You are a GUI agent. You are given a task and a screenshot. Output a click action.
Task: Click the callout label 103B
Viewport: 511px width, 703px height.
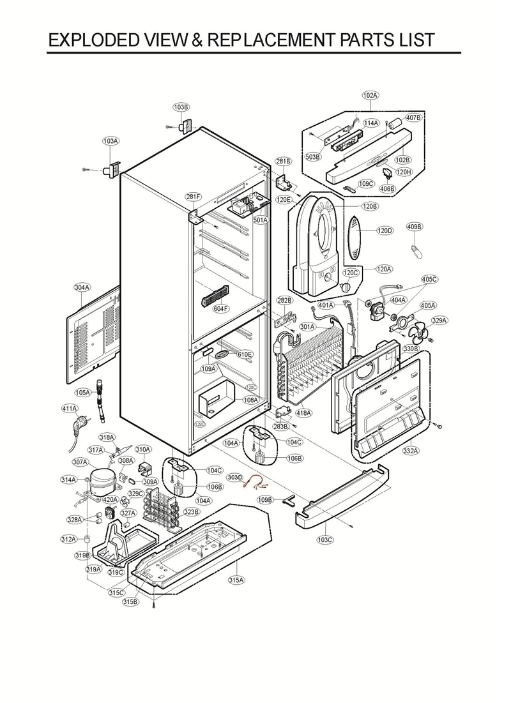[181, 107]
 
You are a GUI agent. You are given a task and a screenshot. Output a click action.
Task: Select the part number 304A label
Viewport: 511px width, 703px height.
[82, 288]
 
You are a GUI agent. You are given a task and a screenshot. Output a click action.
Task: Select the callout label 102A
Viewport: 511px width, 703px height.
[370, 95]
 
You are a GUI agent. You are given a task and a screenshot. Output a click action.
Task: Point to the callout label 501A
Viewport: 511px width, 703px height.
[261, 220]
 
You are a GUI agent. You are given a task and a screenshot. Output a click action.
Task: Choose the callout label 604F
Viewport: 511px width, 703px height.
[220, 308]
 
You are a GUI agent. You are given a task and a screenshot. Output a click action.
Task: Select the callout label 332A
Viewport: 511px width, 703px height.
[411, 451]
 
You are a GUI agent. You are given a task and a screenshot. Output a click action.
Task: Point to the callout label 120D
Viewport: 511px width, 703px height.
[385, 231]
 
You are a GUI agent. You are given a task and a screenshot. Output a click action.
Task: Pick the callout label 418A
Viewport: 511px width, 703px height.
[303, 413]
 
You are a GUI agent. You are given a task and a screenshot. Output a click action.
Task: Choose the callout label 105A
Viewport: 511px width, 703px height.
[82, 393]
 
